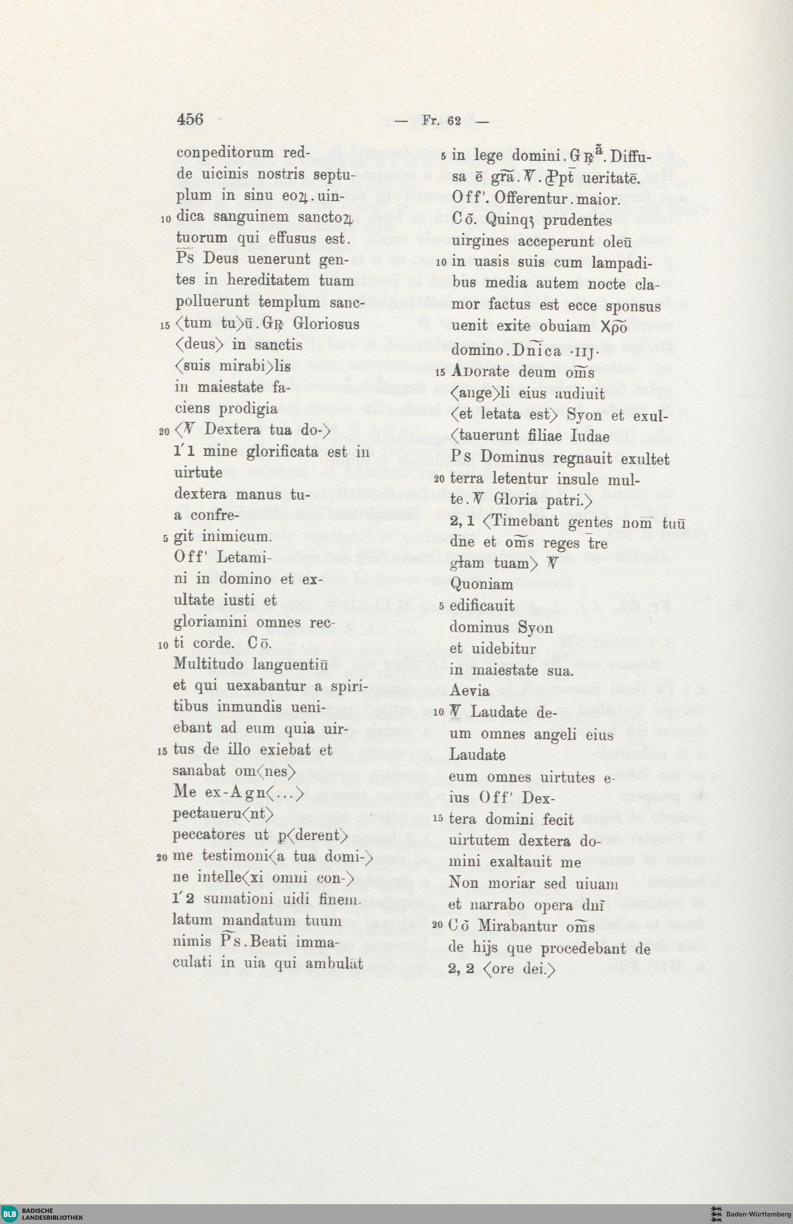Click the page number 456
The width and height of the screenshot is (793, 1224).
click(190, 120)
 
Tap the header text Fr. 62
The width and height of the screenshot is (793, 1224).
click(442, 121)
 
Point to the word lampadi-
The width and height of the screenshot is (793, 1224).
click(622, 263)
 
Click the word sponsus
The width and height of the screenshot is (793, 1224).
click(633, 306)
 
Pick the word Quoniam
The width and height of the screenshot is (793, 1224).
click(481, 585)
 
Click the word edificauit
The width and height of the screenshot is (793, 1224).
click(482, 606)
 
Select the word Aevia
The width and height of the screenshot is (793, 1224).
click(469, 691)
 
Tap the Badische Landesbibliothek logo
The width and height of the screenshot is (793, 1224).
click(43, 1214)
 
